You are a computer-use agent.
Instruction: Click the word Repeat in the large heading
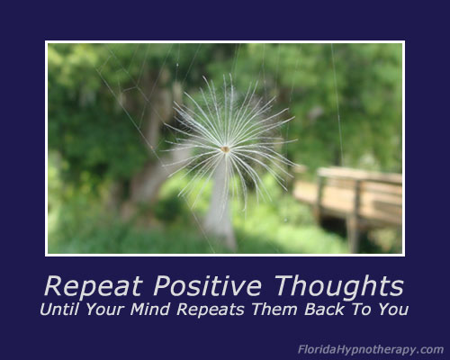pos(94,286)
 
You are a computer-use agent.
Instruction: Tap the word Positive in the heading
pos(207,285)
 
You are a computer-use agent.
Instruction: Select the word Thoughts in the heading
pos(339,286)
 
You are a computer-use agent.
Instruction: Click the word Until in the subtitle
pos(58,310)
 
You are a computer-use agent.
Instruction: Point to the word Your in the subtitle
pos(105,310)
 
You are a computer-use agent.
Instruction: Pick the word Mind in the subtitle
pos(150,310)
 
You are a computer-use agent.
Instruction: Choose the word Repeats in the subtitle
pos(211,310)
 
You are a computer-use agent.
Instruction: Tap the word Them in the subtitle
pos(274,310)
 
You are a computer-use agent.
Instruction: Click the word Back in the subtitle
pos(324,310)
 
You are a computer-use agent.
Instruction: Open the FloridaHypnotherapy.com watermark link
pos(371,350)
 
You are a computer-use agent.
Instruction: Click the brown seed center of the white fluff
pos(225,149)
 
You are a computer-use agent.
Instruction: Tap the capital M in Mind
pos(139,310)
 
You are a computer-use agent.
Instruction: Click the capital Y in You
pos(383,310)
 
